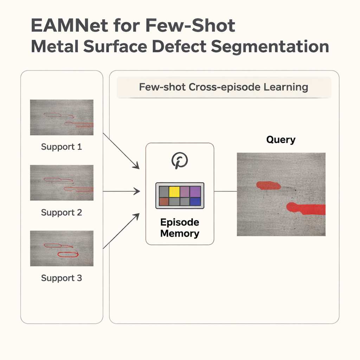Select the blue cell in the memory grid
pos(195,201)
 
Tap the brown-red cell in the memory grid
pos(163,201)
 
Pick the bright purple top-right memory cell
pos(195,192)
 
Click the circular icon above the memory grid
pos(179,161)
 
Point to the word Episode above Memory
pos(180,222)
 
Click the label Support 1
pos(62,147)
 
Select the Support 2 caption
pos(62,212)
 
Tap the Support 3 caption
pos(62,278)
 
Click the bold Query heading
pos(281,140)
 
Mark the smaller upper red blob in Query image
pos(268,185)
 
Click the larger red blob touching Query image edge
pos(306,208)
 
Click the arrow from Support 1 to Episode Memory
pos(121,151)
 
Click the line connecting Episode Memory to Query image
pos(225,192)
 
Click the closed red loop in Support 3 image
pos(68,254)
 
